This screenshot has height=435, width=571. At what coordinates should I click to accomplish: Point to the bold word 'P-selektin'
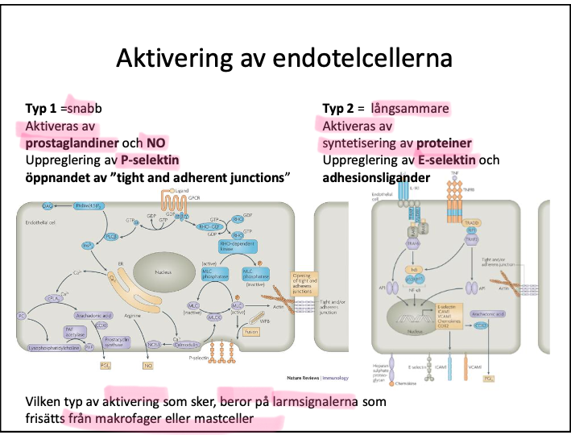149,159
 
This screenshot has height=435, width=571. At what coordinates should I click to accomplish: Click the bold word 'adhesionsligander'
376,176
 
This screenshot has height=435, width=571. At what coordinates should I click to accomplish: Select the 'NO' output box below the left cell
147,366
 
